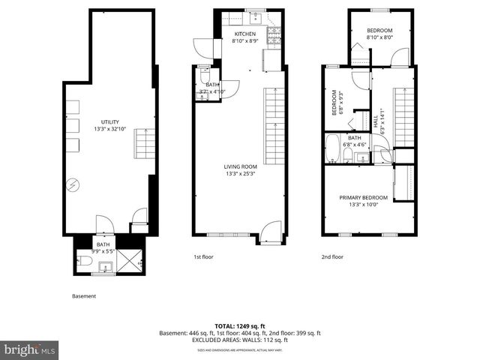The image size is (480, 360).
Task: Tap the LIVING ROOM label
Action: coord(240,166)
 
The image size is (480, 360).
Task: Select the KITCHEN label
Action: coord(245,34)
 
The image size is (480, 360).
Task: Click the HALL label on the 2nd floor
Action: coord(375,120)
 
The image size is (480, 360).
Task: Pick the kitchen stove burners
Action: coord(274,34)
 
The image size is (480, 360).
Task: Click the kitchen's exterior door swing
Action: coord(202,46)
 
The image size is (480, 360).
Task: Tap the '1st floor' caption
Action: coord(204,256)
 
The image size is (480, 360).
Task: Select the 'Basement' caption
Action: coord(84,296)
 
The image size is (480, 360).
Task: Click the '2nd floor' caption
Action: coord(333,256)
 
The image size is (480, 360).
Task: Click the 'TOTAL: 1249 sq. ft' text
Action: coord(240,326)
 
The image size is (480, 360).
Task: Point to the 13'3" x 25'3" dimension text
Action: coord(240,174)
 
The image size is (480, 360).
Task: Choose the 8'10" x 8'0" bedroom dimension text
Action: coord(379,37)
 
